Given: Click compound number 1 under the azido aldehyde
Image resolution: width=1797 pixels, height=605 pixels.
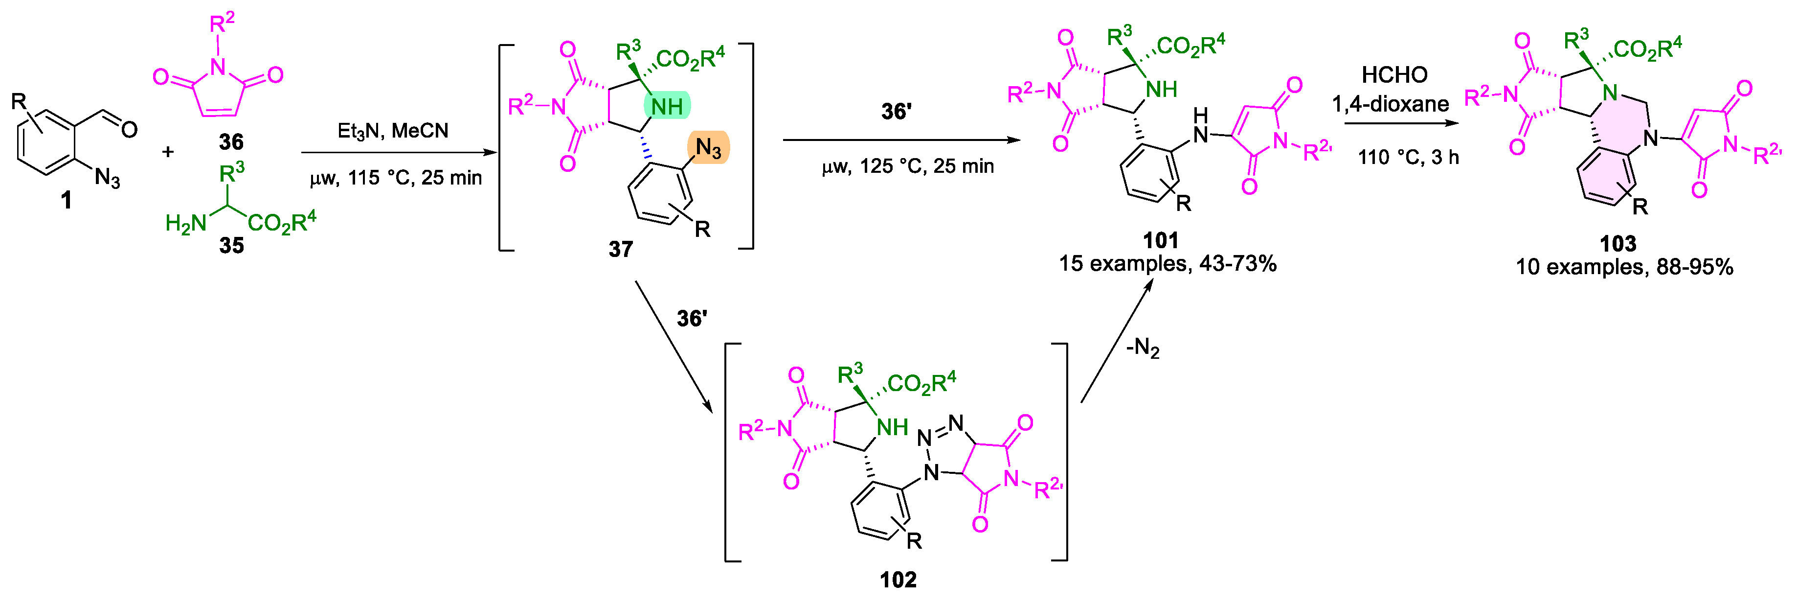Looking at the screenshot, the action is (x=66, y=201).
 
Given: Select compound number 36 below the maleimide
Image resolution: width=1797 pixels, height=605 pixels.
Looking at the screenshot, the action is (x=231, y=142).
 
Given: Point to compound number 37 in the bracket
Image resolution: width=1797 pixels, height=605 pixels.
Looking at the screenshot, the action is (x=620, y=249).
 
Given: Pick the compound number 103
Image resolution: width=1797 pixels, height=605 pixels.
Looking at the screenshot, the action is (x=1617, y=244).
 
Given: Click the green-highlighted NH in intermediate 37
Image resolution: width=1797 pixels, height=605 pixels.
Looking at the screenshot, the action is (x=666, y=107).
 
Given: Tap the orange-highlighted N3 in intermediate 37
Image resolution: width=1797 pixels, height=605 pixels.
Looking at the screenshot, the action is (x=708, y=148).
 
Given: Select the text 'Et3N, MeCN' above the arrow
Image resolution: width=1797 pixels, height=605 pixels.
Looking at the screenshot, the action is (x=393, y=131).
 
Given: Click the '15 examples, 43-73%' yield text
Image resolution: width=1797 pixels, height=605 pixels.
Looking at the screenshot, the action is (x=1167, y=264).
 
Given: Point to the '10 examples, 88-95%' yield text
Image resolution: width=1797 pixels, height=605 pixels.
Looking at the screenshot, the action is (x=1624, y=267).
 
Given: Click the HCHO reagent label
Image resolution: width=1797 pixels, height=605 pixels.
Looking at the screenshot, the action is (x=1394, y=75).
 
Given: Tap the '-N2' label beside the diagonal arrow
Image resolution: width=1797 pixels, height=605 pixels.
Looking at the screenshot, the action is (x=1143, y=347).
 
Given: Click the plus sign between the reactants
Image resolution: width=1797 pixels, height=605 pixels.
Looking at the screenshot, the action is (x=167, y=151).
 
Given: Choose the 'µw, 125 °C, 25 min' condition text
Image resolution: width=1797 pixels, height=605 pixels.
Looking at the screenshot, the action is (x=907, y=166).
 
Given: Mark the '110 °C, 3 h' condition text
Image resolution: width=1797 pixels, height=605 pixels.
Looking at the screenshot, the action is (x=1408, y=157).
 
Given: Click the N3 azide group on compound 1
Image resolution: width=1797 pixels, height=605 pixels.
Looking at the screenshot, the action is (x=107, y=178).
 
